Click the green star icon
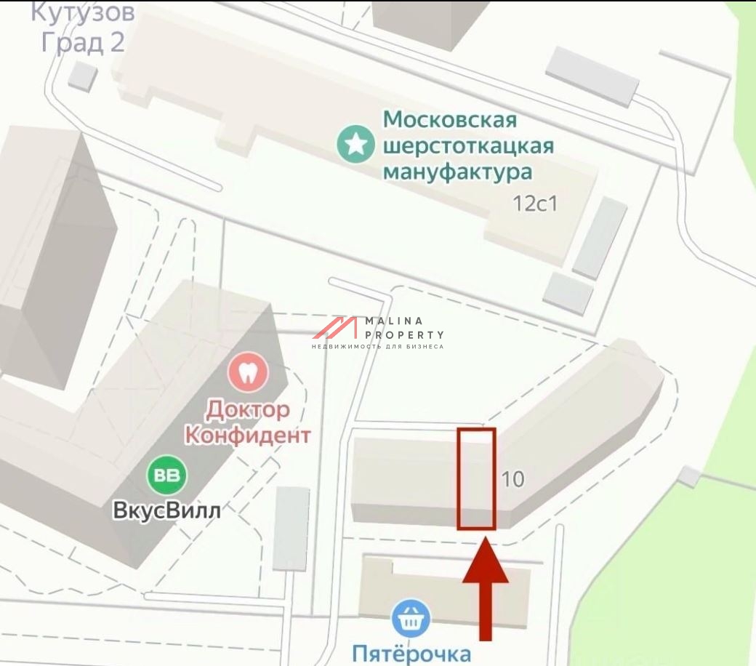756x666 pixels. click(355, 145)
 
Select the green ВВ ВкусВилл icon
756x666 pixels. click(167, 476)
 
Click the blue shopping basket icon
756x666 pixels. click(411, 619)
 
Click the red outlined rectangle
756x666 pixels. click(477, 478)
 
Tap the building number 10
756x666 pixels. click(513, 479)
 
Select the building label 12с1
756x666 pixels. click(535, 203)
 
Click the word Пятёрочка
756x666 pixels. click(411, 653)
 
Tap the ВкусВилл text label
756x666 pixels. click(166, 510)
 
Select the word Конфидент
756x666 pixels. click(247, 435)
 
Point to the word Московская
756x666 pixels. click(450, 119)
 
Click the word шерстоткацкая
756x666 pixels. click(468, 145)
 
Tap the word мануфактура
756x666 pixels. click(457, 172)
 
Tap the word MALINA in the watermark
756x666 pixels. click(393, 321)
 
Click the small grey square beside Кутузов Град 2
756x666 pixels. click(83, 76)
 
